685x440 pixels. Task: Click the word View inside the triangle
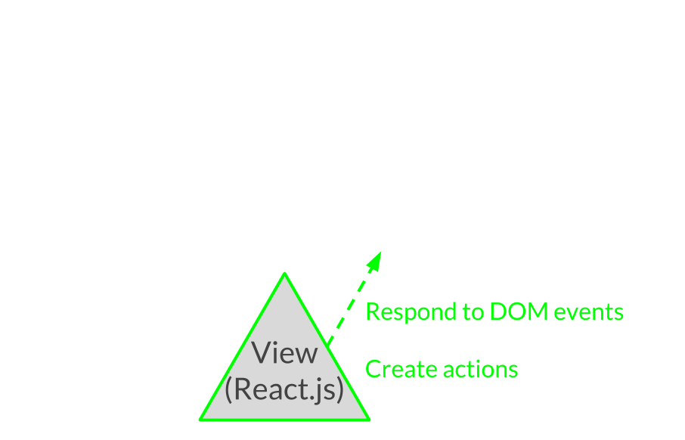click(284, 352)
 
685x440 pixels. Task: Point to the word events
click(588, 312)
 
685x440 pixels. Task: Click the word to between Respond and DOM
click(473, 312)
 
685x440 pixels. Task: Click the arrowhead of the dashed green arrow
click(375, 261)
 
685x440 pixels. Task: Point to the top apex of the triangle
click(284, 274)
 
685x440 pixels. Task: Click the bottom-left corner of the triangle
click(200, 420)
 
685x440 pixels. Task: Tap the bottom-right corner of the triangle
click(369, 420)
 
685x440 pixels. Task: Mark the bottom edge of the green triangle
click(285, 420)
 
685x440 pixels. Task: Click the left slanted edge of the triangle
click(243, 346)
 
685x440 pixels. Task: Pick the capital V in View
click(262, 352)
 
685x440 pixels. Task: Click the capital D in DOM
click(498, 311)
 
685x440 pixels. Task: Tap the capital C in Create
click(373, 369)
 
